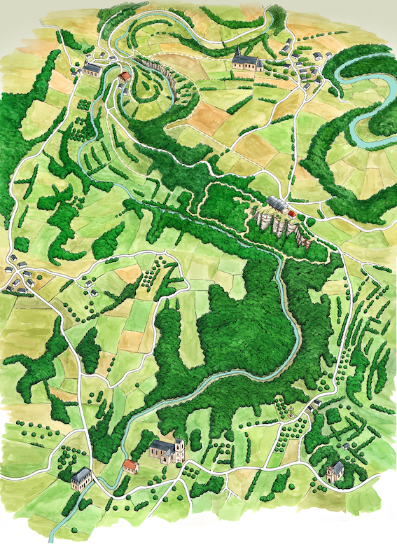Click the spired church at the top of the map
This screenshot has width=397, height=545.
coord(246,62)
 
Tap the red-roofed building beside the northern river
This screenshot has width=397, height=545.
coord(124,76)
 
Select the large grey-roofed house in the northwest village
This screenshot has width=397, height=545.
coord(93,69)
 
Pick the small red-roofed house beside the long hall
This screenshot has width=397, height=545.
coord(292,212)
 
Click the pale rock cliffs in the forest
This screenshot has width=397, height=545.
coord(280,224)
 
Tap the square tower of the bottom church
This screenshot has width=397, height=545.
coord(179,448)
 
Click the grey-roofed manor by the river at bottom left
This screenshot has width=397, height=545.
coord(81,478)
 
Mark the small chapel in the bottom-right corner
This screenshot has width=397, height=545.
coord(335,470)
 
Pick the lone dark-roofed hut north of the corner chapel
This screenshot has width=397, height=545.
coord(346,446)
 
